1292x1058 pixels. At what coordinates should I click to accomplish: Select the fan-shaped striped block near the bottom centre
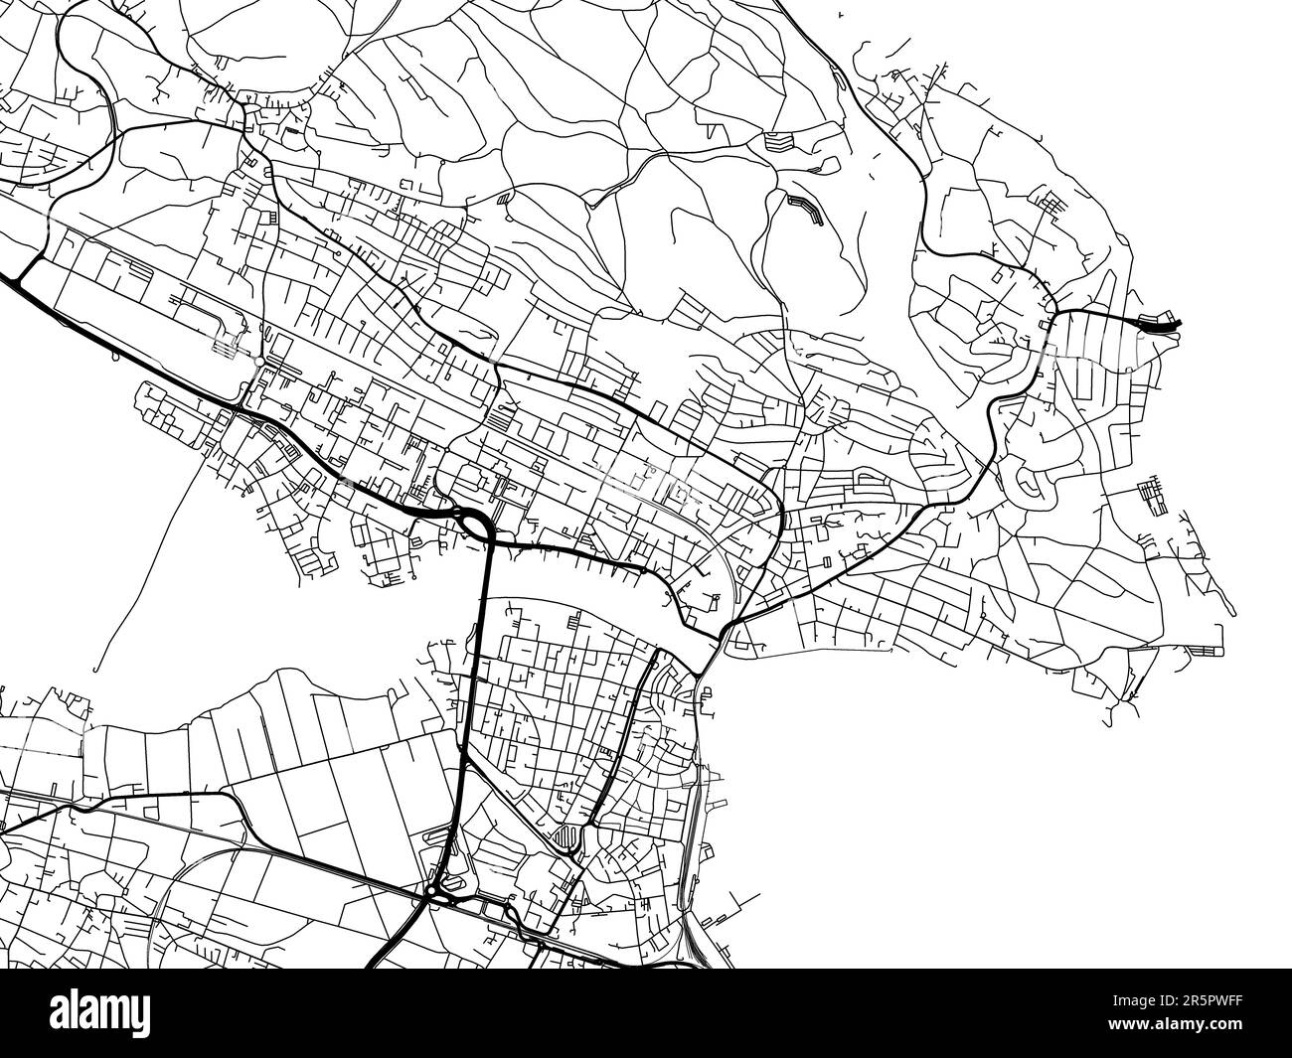point(565,836)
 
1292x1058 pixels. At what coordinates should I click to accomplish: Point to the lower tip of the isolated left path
point(96,671)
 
